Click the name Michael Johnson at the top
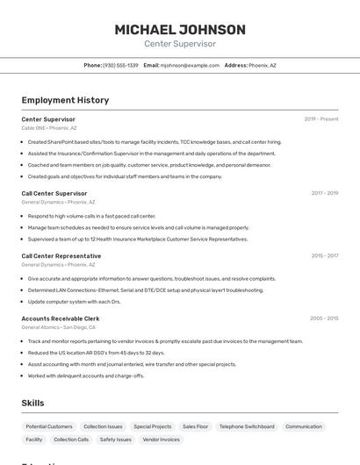179,29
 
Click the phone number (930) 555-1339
120,65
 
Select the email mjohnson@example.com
190,65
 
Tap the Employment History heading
65,100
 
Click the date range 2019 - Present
321,119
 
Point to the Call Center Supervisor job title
54,193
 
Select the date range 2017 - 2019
324,193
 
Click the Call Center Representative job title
61,256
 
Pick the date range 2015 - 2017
324,256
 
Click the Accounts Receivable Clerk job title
61,318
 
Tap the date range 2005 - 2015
324,318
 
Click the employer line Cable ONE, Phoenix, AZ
49,128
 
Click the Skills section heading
33,403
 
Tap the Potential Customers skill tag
49,426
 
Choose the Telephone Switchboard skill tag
247,426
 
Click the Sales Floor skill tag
196,426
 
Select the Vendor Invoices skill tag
162,440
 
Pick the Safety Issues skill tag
116,440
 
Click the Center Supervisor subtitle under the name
179,44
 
